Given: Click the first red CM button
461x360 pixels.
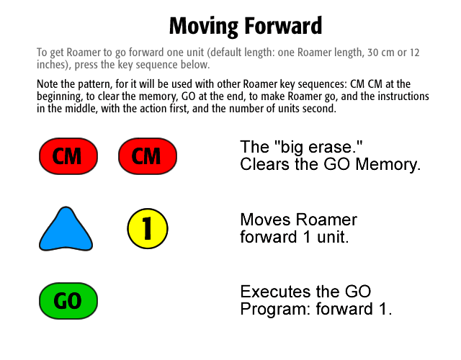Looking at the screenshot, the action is (x=68, y=156).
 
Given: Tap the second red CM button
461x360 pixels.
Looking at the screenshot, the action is (x=148, y=156).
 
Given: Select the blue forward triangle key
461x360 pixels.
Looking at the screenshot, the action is (x=66, y=229).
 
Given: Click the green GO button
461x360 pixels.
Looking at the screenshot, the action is (x=68, y=301).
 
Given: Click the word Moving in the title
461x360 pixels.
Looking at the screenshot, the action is (x=204, y=27).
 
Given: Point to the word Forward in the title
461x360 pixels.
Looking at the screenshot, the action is (x=283, y=26).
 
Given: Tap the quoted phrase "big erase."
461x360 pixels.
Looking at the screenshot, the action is (x=318, y=147).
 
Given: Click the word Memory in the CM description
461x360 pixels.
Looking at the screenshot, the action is (x=388, y=164).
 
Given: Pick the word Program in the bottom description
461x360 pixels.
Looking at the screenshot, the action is (x=275, y=309).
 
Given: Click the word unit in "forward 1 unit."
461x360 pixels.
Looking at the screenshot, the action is (x=333, y=237).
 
